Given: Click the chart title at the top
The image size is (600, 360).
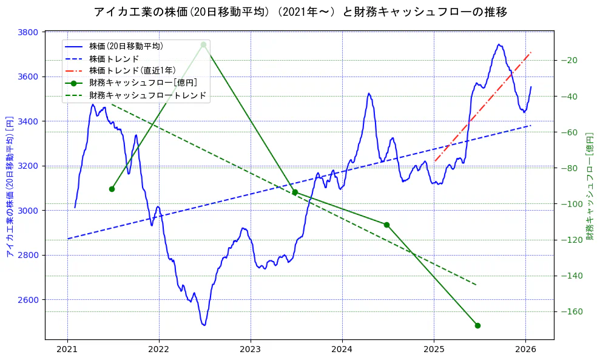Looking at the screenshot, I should tap(300, 12).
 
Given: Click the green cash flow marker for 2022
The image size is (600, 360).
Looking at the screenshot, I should tap(203, 45).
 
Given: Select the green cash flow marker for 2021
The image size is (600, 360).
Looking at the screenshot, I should tap(112, 189).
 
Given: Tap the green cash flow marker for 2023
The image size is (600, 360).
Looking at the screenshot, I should tap(295, 192).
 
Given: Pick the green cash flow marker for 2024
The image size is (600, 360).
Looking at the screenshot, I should tap(386, 225).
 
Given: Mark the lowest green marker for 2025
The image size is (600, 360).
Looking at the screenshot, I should tap(477, 325).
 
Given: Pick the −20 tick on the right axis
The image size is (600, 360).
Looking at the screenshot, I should tap(568, 60).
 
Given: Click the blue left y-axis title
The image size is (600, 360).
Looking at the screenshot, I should tap(10, 186).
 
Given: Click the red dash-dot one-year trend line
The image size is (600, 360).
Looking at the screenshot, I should tap(482, 107).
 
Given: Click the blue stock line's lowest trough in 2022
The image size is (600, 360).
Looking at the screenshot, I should tap(204, 325).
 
